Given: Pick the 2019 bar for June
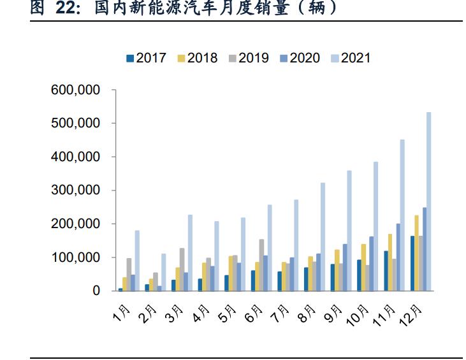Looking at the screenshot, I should [x=261, y=264].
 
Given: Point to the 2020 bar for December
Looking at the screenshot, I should [x=424, y=248].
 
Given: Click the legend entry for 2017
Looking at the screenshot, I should [x=146, y=58].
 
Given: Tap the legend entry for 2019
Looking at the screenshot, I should [x=248, y=58].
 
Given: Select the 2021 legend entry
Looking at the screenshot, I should [x=350, y=58].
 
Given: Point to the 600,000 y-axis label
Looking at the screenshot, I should [x=75, y=90].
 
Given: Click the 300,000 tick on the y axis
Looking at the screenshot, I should [x=75, y=191].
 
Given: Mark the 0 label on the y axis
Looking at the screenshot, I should [x=96, y=291].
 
